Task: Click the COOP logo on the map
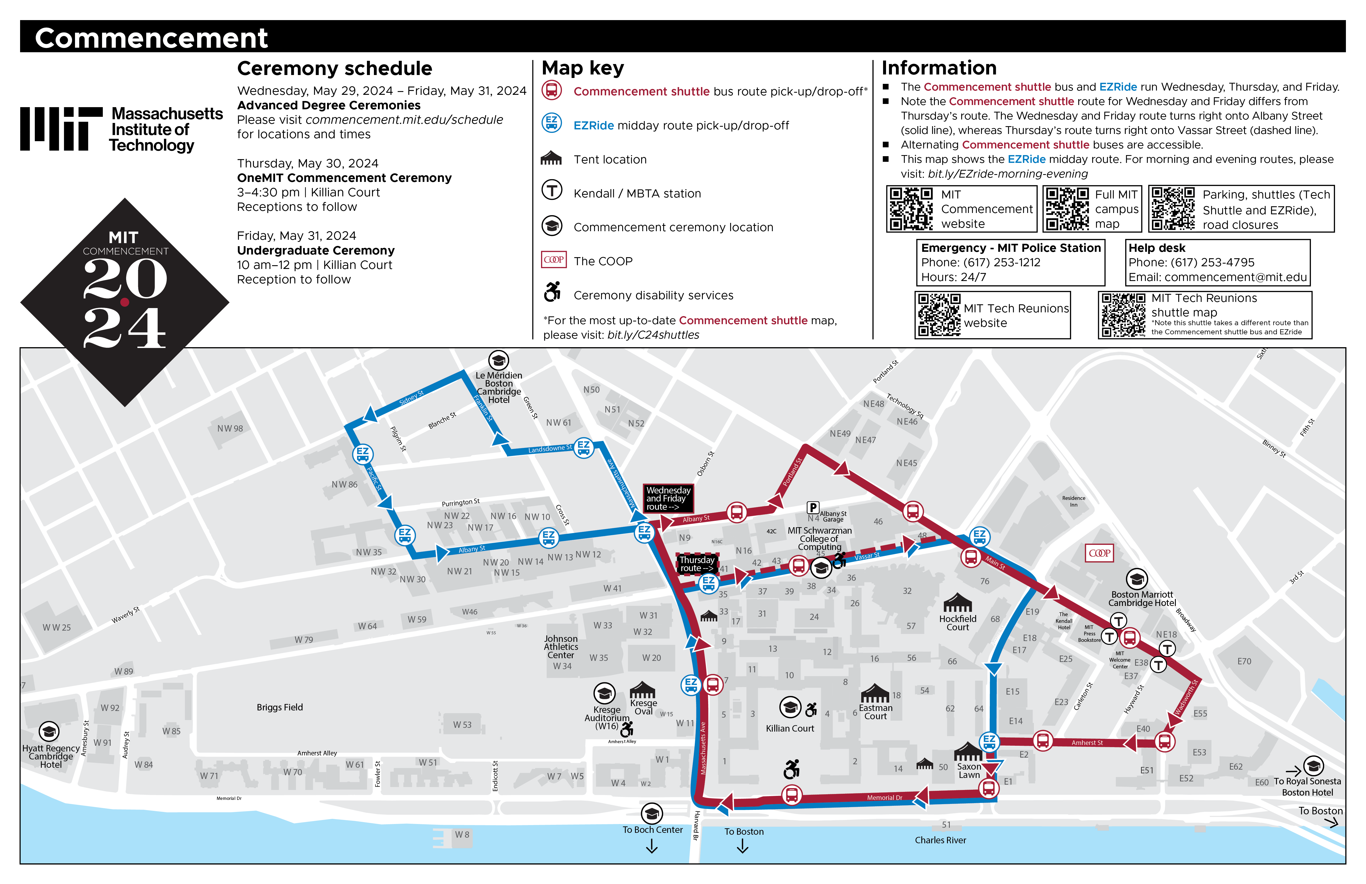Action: pos(1099,553)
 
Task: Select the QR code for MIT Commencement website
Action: pos(911,209)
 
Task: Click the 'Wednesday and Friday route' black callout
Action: pos(668,498)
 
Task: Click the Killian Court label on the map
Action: pos(790,728)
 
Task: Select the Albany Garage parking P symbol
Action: pos(813,507)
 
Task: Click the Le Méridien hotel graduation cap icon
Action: pos(498,361)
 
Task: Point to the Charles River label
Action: pos(940,840)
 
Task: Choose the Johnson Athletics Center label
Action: pos(561,647)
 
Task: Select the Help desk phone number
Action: pos(1192,262)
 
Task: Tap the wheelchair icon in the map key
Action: pos(552,292)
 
